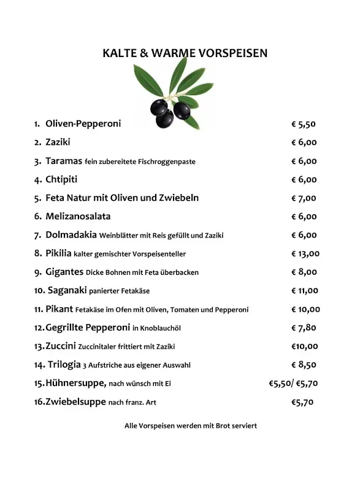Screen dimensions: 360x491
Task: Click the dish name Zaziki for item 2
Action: pyautogui.click(x=58, y=142)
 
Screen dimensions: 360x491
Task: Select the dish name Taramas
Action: pyautogui.click(x=64, y=161)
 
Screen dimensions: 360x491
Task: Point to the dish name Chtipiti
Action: pyautogui.click(x=61, y=179)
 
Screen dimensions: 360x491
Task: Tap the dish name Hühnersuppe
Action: pyautogui.click(x=75, y=384)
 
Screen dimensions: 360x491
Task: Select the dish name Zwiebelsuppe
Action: pyautogui.click(x=75, y=402)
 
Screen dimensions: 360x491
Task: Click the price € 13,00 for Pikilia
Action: pyautogui.click(x=305, y=253)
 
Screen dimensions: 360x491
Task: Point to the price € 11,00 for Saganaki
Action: pyautogui.click(x=305, y=290)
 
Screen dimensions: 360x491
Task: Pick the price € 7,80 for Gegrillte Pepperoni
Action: pyautogui.click(x=304, y=328)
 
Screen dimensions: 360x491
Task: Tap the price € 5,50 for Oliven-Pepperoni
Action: pyautogui.click(x=304, y=124)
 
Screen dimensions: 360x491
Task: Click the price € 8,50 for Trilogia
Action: pyautogui.click(x=304, y=365)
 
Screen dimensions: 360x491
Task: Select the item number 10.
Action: pyautogui.click(x=39, y=290)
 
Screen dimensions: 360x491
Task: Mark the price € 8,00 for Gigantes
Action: pyautogui.click(x=304, y=272)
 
